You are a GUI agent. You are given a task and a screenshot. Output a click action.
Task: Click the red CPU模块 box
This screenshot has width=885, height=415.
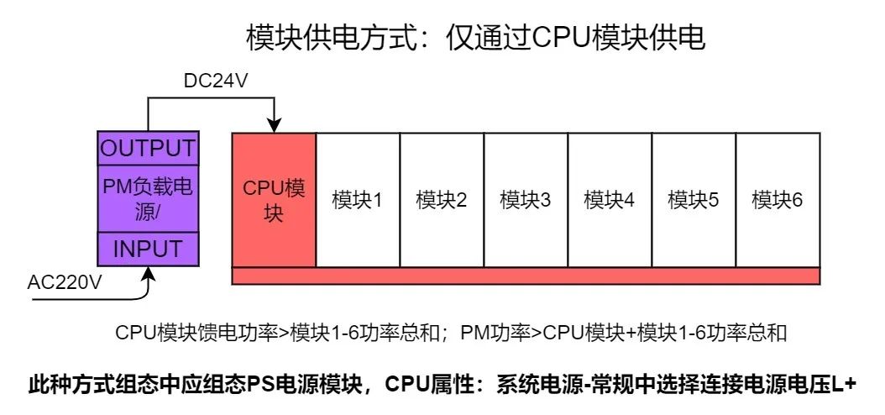tap(274, 200)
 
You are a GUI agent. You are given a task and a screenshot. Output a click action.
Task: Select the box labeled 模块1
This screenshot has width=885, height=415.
tap(358, 200)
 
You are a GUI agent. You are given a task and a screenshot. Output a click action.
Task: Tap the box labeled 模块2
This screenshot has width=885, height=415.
tap(442, 200)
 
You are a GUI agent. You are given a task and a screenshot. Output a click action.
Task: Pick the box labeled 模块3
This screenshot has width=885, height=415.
tap(526, 200)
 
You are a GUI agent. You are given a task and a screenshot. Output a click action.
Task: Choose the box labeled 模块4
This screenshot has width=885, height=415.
tap(610, 200)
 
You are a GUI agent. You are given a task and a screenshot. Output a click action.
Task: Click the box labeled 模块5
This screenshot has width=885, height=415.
tap(694, 200)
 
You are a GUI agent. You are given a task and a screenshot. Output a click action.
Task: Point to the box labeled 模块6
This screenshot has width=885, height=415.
tap(778, 200)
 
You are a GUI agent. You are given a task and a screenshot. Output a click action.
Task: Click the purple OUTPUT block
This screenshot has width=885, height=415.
tap(148, 148)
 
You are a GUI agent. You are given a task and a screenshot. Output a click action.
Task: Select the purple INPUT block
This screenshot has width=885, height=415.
tap(148, 249)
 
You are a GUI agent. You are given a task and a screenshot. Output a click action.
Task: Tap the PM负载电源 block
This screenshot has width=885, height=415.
tap(148, 198)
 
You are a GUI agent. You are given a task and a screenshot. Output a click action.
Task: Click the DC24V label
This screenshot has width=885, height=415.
tap(216, 81)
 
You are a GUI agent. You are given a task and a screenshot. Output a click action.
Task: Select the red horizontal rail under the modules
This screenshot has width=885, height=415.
tap(526, 276)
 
